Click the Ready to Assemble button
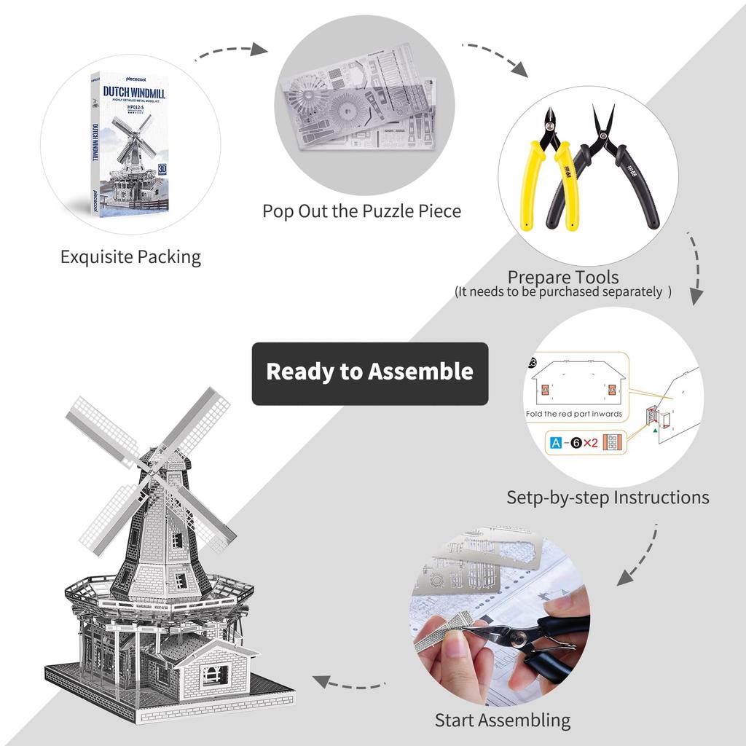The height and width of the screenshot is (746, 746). (370, 372)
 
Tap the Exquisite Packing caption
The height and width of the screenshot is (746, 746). (130, 257)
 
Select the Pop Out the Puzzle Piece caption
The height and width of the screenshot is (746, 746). (362, 211)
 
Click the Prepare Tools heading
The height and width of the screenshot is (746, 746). (563, 278)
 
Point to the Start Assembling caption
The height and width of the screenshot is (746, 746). (503, 721)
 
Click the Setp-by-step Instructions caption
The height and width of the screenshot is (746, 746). (608, 498)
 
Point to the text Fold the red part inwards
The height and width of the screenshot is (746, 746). (574, 414)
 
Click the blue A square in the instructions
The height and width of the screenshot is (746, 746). (556, 442)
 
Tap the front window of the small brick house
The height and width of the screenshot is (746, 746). (213, 675)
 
